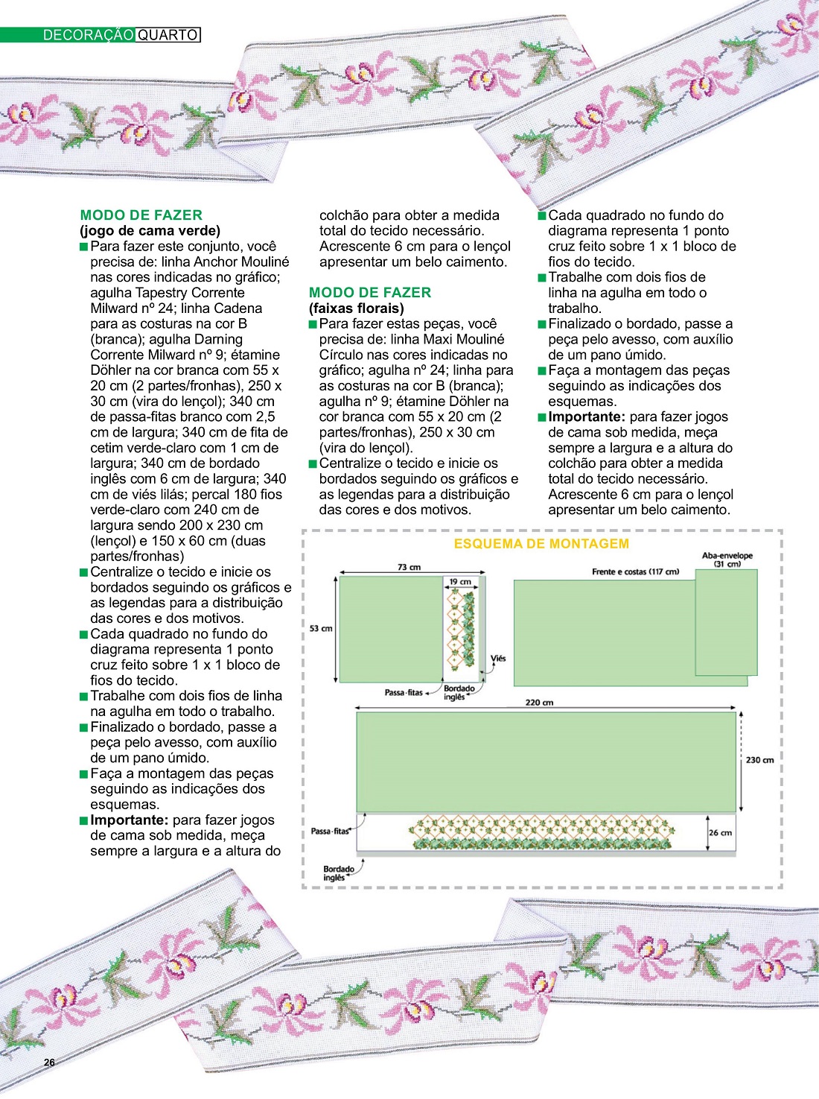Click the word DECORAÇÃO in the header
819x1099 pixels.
click(89, 35)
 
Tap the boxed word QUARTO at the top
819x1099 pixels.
click(168, 35)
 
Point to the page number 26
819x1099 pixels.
click(49, 1062)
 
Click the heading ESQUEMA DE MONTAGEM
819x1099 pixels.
click(541, 544)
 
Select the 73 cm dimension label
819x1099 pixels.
click(409, 567)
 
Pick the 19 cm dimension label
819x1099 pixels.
click(460, 582)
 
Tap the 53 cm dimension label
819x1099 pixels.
click(321, 628)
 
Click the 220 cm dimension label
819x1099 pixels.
click(539, 702)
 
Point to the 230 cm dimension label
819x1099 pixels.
click(759, 760)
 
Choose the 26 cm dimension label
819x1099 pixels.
click(720, 832)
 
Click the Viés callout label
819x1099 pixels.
click(498, 658)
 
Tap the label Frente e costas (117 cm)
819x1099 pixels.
click(635, 571)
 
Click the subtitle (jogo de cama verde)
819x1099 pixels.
click(150, 231)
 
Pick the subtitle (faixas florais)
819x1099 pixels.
click(357, 308)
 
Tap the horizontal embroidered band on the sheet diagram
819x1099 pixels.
click(542, 833)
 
